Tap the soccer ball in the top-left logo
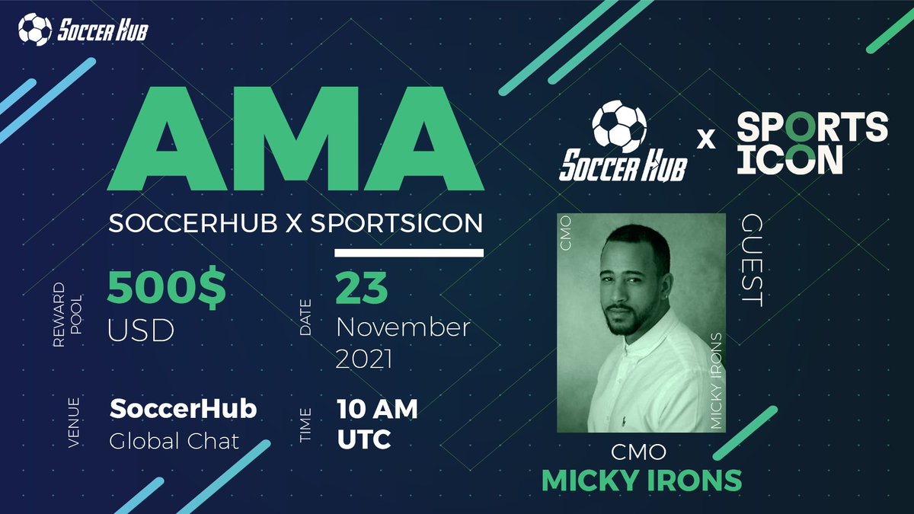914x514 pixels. (34, 30)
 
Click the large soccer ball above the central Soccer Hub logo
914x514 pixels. (618, 126)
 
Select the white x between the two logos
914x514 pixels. (707, 139)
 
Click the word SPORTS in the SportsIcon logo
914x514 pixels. (812, 126)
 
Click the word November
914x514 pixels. (403, 328)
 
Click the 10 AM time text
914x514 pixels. (377, 410)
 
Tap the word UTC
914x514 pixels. (364, 439)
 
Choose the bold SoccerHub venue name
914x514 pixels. (183, 409)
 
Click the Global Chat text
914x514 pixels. (174, 440)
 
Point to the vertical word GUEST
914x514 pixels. (751, 260)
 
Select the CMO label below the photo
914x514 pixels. (639, 452)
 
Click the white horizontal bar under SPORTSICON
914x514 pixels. (409, 252)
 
